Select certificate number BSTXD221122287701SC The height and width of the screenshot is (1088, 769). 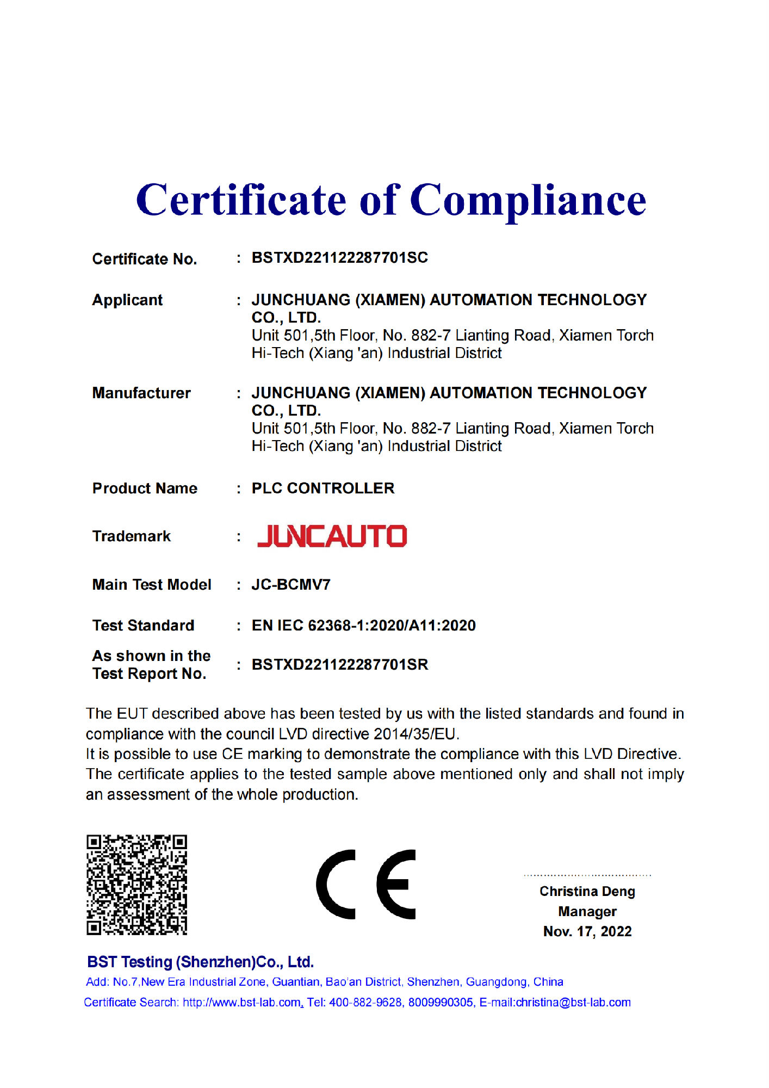click(x=339, y=258)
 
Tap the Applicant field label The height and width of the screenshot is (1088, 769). click(x=127, y=300)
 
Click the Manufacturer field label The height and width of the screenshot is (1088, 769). click(x=141, y=393)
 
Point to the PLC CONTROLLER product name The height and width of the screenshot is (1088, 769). click(x=323, y=489)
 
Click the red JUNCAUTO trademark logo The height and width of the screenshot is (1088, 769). click(x=332, y=536)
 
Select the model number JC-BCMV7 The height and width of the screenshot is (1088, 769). click(x=291, y=585)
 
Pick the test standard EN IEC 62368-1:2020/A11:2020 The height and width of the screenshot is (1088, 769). click(x=363, y=626)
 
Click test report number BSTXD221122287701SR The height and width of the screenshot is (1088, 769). click(x=339, y=665)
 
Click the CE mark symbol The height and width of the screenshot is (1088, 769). click(x=365, y=885)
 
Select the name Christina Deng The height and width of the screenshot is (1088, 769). click(x=587, y=892)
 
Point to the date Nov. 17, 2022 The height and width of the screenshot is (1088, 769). click(x=587, y=932)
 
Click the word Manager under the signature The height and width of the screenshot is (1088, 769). click(x=587, y=912)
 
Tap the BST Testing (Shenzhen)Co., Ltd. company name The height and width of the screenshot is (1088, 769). click(x=200, y=962)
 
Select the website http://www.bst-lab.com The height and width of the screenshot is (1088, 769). click(x=242, y=1003)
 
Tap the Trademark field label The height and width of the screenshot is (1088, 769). click(x=131, y=536)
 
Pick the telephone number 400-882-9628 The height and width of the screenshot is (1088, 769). click(x=366, y=1003)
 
